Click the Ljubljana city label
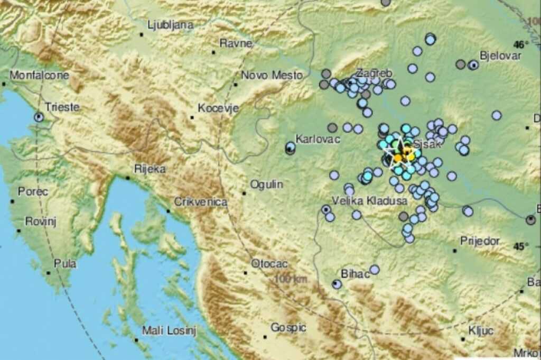click(170, 25)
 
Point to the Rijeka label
click(150, 169)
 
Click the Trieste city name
click(62, 107)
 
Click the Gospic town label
click(288, 328)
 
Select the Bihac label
click(352, 274)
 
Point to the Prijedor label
click(480, 241)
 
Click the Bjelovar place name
click(500, 56)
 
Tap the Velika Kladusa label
click(362, 201)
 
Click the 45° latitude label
click(521, 246)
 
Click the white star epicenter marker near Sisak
click(399, 154)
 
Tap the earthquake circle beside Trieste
click(39, 117)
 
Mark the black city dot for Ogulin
click(244, 193)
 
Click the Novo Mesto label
click(272, 76)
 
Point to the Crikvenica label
click(201, 202)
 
